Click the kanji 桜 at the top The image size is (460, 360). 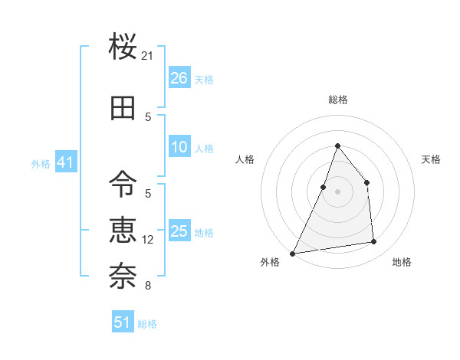123,47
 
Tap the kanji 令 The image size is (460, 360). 123,183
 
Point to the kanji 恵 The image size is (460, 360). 123,229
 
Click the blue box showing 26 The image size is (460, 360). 179,78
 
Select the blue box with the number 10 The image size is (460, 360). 179,147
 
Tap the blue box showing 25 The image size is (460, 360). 179,231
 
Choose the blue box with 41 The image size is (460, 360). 64,162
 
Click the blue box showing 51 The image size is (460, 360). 123,322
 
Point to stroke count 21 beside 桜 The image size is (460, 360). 148,56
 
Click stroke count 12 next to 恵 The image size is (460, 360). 148,240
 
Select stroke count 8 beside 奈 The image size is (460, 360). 148,286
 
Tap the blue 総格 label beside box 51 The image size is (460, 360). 147,324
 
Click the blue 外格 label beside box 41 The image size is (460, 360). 41,164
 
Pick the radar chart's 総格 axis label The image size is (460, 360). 337,100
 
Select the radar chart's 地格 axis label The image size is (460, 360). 402,262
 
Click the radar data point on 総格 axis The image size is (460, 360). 337,146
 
